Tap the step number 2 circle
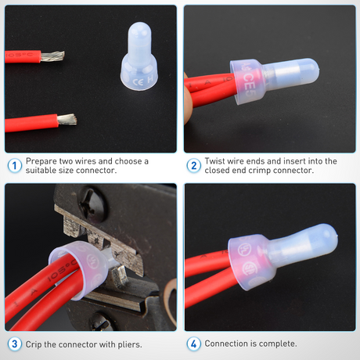tap(193, 165)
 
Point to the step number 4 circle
tap(193, 344)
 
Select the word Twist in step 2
tap(218, 161)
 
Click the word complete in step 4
tap(278, 344)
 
